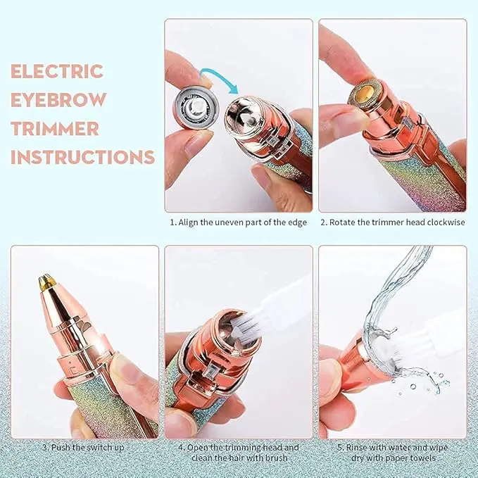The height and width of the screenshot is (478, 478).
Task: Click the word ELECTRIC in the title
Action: [57, 71]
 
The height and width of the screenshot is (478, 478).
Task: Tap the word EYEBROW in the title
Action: [59, 99]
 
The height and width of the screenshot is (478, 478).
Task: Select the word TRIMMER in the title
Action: [55, 128]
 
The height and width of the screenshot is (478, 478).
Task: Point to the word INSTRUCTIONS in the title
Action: [82, 157]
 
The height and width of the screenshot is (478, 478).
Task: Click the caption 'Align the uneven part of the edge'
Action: [239, 222]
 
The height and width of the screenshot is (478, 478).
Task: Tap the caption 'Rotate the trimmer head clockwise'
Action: [393, 222]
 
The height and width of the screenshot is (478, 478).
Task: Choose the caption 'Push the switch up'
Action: [83, 448]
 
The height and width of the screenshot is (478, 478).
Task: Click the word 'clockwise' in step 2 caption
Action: [446, 222]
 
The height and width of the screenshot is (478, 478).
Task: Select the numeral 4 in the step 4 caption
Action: [181, 448]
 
